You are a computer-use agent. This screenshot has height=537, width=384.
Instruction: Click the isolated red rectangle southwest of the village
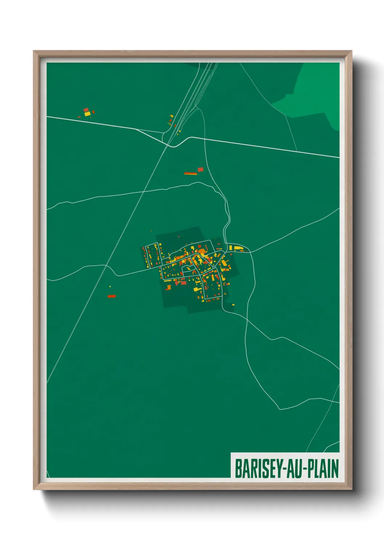pos(111,296)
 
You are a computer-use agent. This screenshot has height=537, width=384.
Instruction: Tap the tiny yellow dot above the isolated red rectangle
pos(110,287)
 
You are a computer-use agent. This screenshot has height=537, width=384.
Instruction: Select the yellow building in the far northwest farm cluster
pos(87,114)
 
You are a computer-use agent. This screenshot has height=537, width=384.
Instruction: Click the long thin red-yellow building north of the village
pos(191,174)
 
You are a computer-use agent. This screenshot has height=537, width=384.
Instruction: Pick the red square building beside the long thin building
pos(200,169)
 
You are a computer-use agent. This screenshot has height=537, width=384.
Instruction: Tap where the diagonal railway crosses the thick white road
pos(168,144)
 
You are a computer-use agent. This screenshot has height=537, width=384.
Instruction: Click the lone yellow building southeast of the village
pos(233,304)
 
